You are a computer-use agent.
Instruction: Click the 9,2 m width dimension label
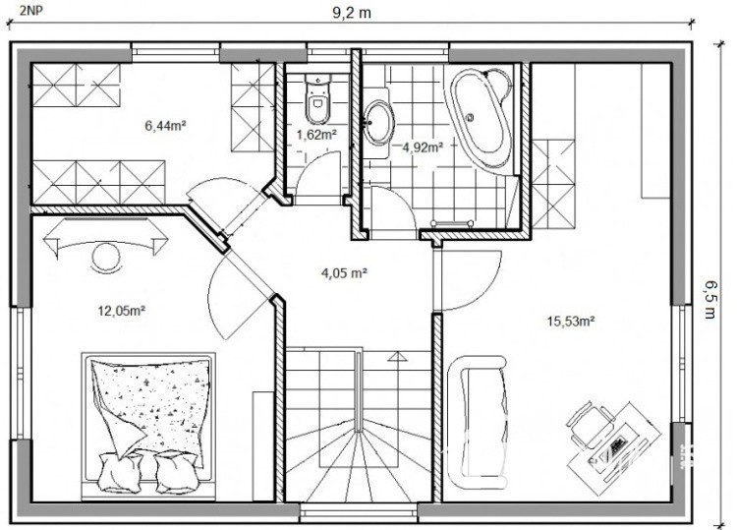[x=352, y=13]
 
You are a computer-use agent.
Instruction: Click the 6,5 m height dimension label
[x=709, y=300]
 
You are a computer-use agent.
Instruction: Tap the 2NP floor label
[x=31, y=11]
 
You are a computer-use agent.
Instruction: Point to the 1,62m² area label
[x=316, y=135]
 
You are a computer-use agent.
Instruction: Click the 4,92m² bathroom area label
[x=423, y=147]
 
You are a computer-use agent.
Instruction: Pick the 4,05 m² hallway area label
[x=344, y=272]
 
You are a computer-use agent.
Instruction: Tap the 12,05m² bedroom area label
[x=121, y=311]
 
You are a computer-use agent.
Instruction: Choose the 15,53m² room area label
[x=571, y=322]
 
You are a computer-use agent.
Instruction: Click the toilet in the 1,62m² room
[x=317, y=97]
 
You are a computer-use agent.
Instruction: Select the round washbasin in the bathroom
[x=379, y=123]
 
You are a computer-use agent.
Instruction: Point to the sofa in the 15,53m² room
[x=478, y=422]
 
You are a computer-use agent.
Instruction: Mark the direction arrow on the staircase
[x=397, y=357]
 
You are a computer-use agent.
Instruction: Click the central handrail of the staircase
[x=359, y=392]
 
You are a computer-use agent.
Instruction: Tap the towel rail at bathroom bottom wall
[x=451, y=223]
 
